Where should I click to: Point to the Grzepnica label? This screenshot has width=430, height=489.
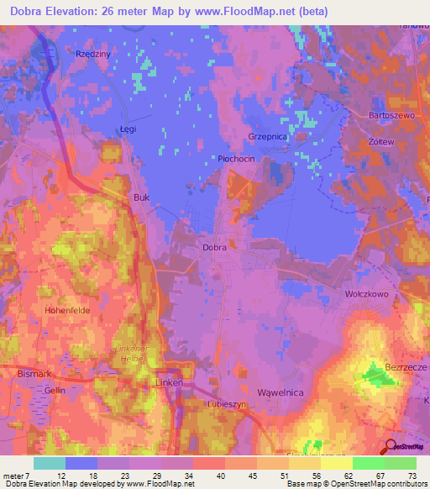[267, 134]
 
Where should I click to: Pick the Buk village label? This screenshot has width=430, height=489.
[141, 198]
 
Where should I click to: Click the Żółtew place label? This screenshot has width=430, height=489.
[382, 142]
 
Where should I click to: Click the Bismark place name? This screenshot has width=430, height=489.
[34, 371]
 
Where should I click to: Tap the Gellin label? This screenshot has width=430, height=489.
[55, 391]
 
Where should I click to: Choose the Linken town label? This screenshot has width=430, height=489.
[169, 382]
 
